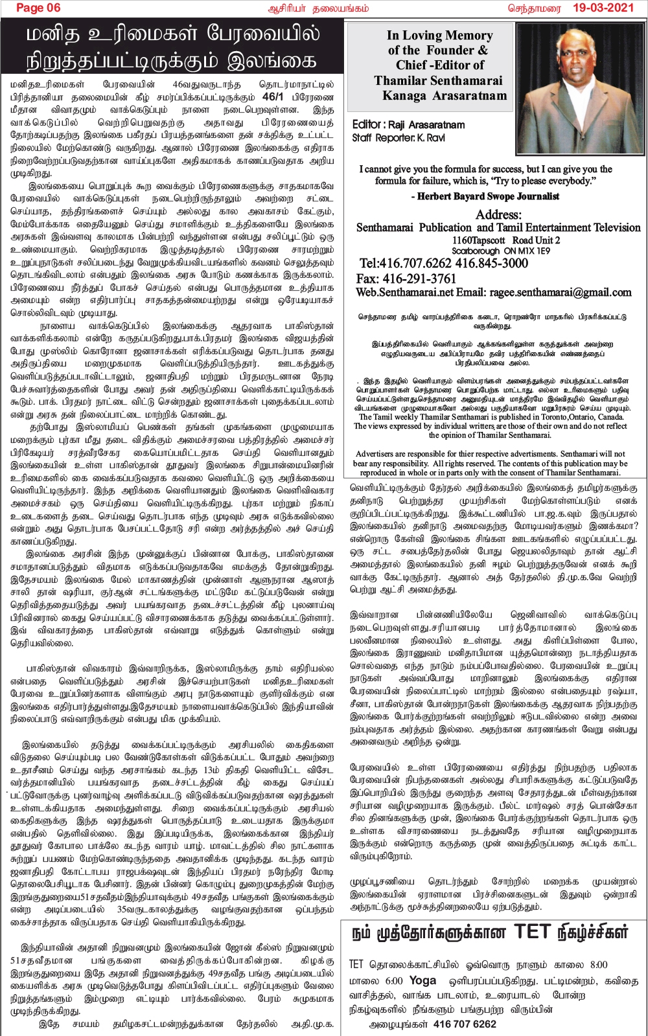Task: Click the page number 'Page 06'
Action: point(38,8)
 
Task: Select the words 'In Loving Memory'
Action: point(439,36)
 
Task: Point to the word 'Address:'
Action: point(498,214)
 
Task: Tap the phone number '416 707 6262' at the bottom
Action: point(465,1024)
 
